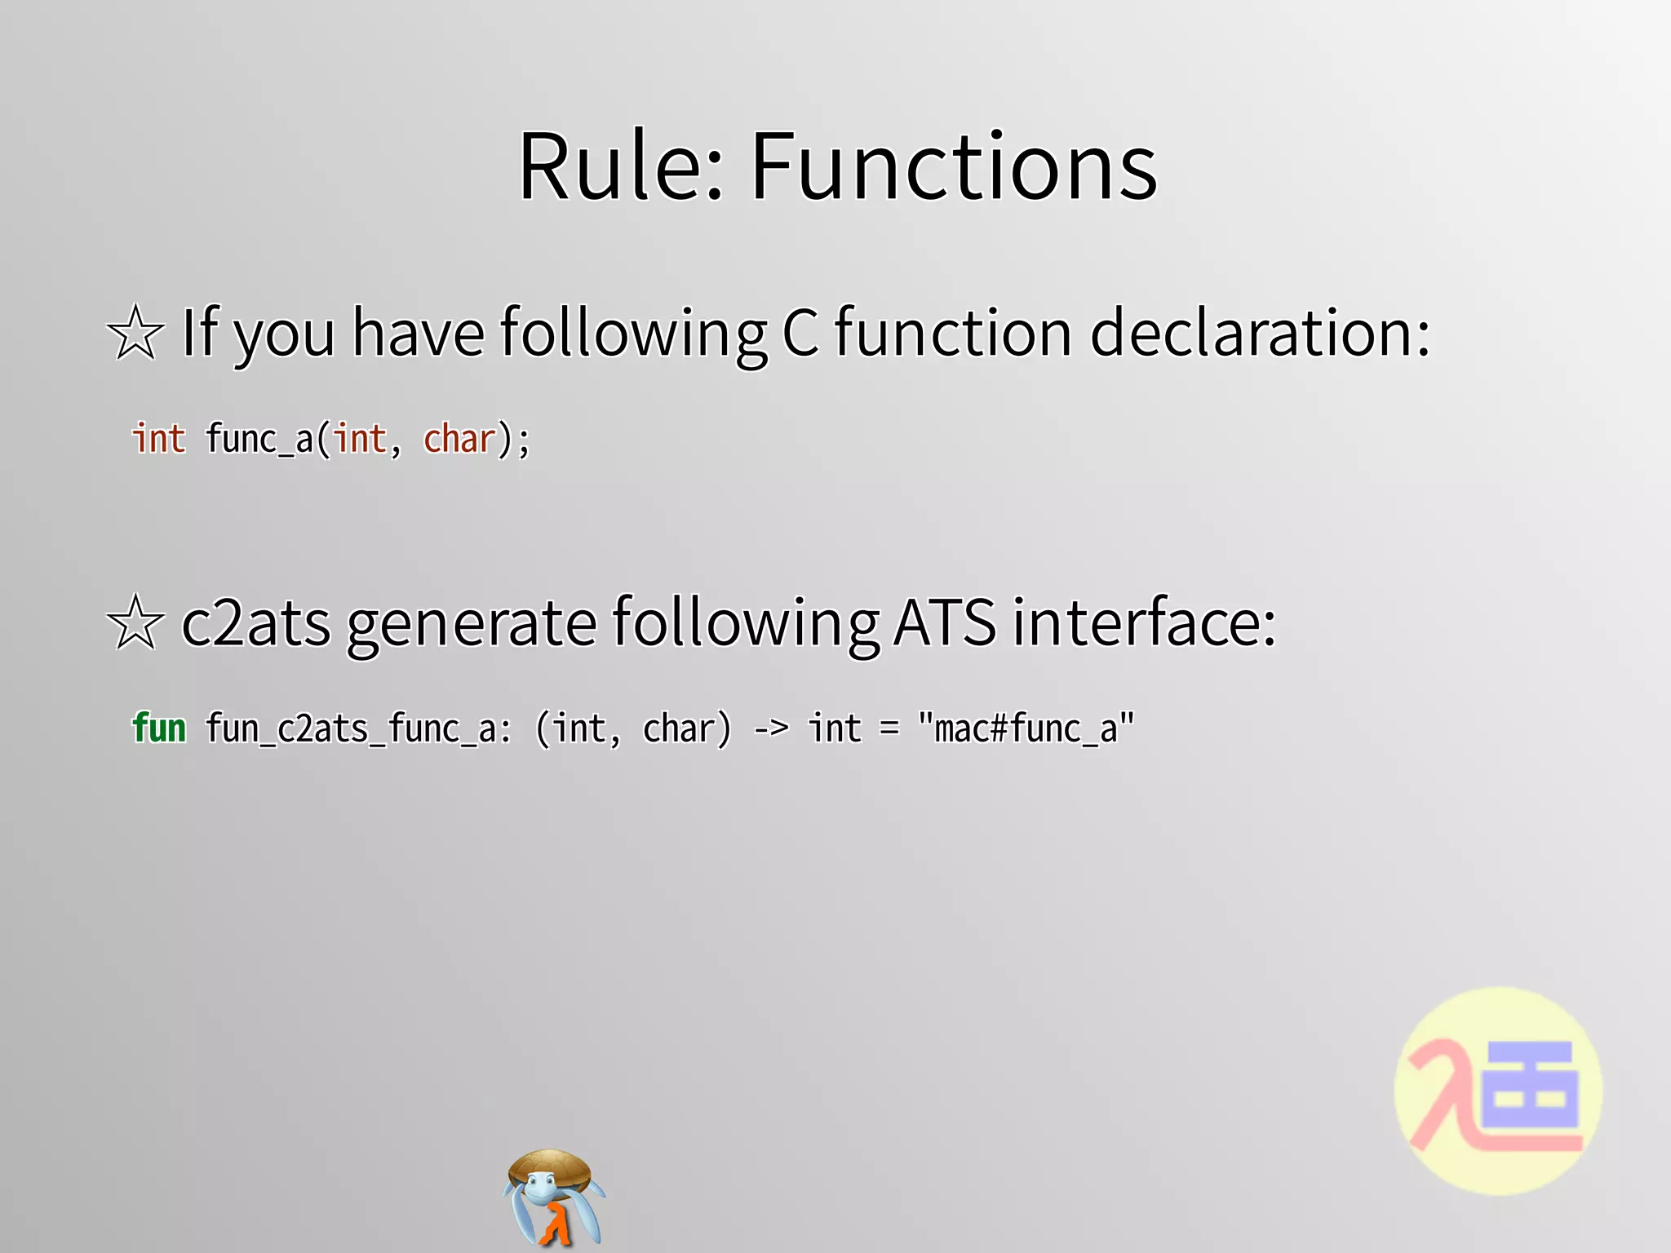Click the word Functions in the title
(x=953, y=167)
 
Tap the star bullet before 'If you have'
(x=135, y=333)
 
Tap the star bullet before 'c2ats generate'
(x=135, y=622)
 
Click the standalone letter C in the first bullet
(x=800, y=333)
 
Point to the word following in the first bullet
(x=633, y=333)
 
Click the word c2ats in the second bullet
(x=255, y=623)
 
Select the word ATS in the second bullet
(x=945, y=622)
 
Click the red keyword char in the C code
(x=459, y=439)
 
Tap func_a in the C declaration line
(x=259, y=440)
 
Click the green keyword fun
(x=159, y=728)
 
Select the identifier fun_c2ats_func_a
(x=358, y=728)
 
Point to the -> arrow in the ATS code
(x=770, y=728)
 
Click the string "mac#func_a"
(x=1026, y=728)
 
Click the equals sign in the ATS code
(x=889, y=728)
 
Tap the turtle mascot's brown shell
(x=551, y=1166)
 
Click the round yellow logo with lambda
(x=1498, y=1091)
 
